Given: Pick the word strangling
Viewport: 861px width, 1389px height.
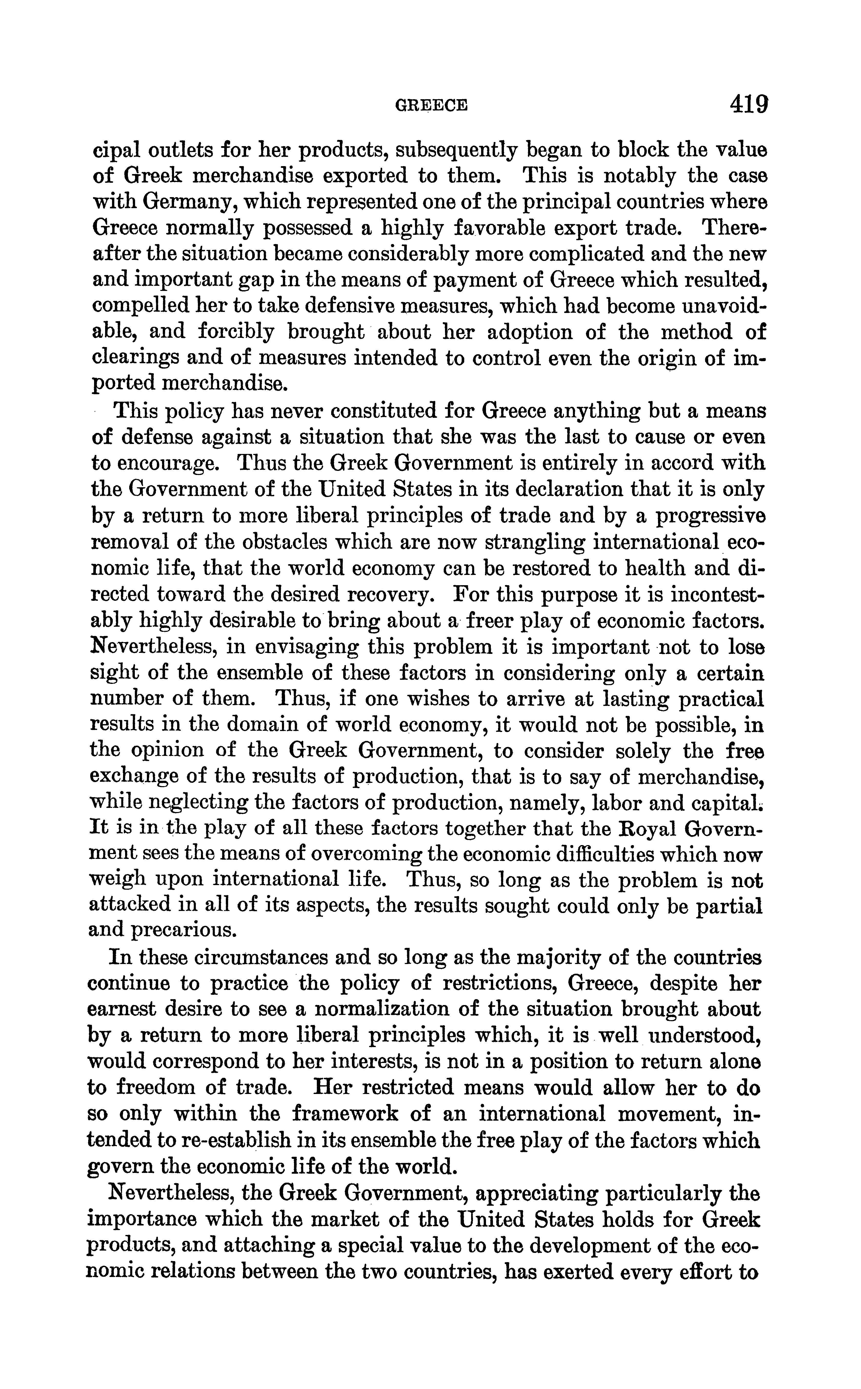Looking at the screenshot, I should tap(534, 542).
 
